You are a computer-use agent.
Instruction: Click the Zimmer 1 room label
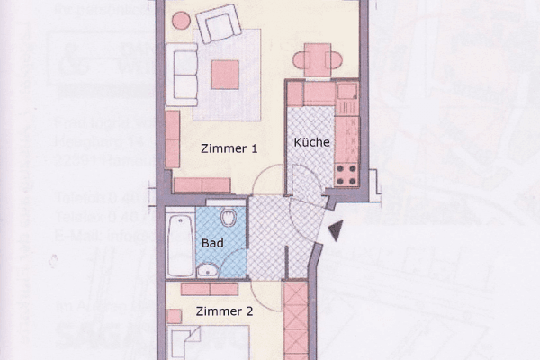230,149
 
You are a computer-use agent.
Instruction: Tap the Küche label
311,142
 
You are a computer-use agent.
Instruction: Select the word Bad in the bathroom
212,243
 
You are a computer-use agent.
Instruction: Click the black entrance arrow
335,232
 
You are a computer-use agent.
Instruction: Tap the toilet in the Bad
230,217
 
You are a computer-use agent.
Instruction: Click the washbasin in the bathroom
207,269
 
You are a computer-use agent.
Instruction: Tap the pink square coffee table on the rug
224,74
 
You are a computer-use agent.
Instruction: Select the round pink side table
181,20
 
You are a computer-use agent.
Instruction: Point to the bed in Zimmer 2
193,346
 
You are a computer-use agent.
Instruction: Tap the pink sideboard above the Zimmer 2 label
209,289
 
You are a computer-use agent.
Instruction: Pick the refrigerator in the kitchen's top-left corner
296,94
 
